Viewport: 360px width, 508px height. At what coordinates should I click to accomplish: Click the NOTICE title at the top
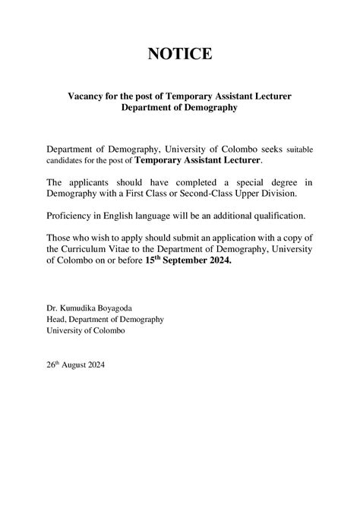coord(180,54)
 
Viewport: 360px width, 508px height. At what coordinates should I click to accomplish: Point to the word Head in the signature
coord(56,319)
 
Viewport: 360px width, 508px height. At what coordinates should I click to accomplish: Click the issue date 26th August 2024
coord(75,364)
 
